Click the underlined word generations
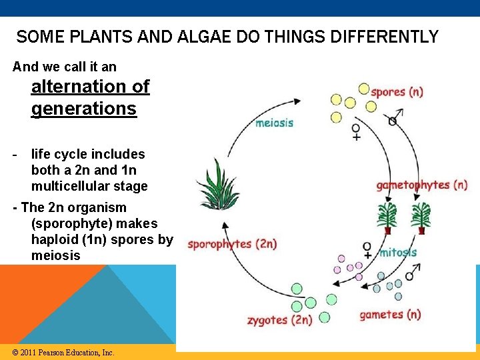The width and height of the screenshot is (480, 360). (x=83, y=109)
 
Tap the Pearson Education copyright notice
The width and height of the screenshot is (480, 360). (x=63, y=352)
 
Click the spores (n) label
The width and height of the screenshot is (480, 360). (x=397, y=92)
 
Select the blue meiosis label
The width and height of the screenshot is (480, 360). (x=274, y=123)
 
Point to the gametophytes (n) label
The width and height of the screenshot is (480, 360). (x=422, y=185)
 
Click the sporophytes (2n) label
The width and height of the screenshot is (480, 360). (x=232, y=244)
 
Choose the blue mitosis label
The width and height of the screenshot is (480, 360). (x=398, y=253)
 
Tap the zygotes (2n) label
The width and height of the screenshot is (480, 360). (x=279, y=320)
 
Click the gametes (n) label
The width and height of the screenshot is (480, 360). (x=390, y=314)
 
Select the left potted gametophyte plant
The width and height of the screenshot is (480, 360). (x=387, y=218)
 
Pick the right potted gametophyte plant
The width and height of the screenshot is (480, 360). (x=421, y=218)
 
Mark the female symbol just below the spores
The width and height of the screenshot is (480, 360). (x=356, y=131)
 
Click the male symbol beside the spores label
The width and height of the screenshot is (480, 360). (x=393, y=119)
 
